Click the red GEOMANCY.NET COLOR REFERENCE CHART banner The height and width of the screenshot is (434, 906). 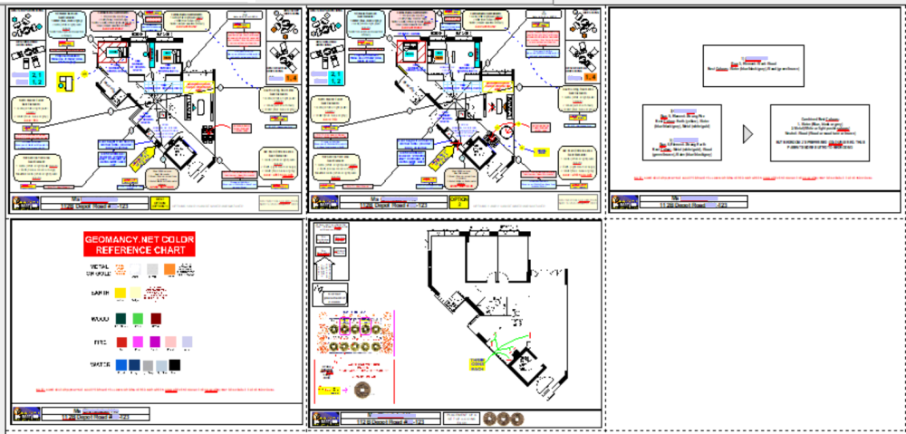(139, 244)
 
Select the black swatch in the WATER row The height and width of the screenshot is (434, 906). (175, 365)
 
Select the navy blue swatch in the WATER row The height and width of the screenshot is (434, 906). (135, 365)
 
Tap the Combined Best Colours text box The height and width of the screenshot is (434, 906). (820, 133)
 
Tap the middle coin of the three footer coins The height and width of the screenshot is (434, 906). (504, 419)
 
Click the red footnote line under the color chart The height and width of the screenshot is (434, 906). (155, 390)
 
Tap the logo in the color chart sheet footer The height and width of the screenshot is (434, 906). (25, 415)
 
